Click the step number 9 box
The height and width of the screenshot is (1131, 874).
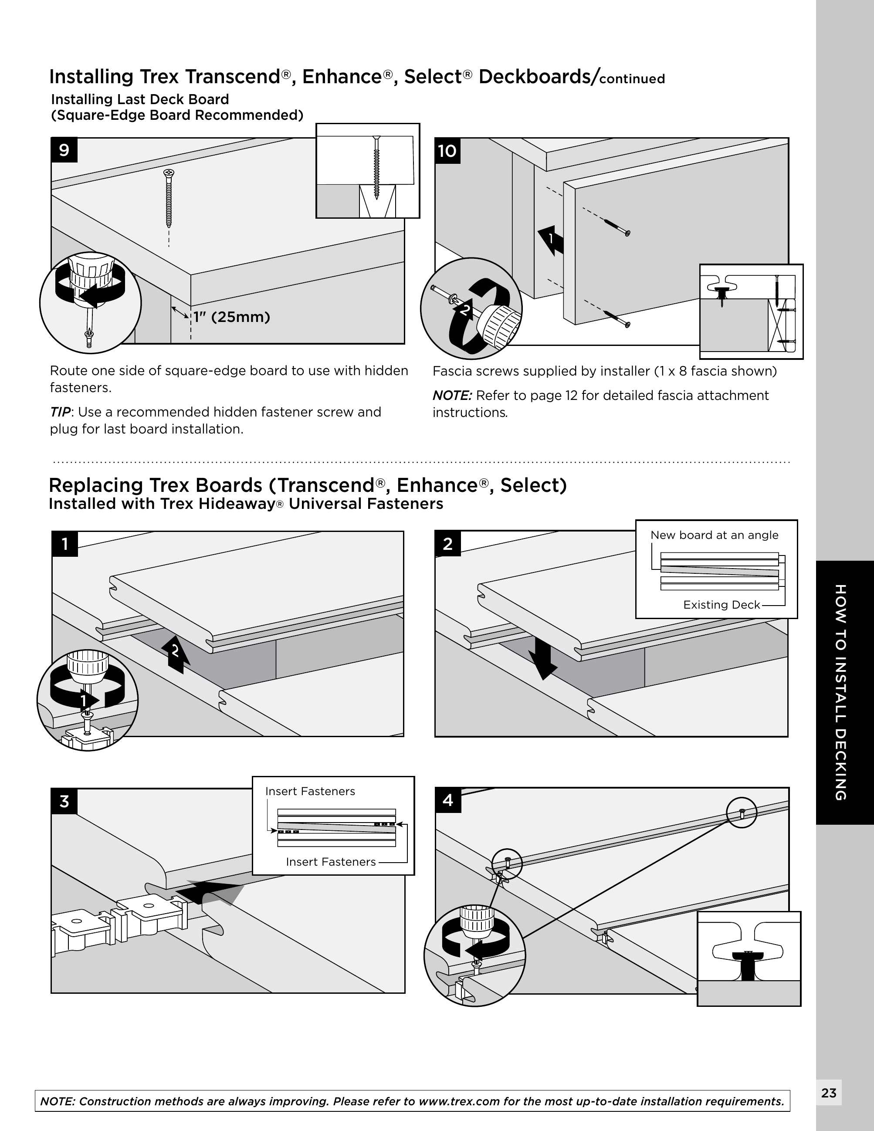(64, 150)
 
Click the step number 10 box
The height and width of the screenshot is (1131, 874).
(447, 151)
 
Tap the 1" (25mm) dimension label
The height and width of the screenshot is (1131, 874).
(231, 317)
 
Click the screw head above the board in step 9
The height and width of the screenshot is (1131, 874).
(169, 173)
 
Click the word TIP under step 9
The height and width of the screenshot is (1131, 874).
(60, 412)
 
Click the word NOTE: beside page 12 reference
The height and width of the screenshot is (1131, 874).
(452, 396)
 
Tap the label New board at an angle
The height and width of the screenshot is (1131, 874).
(714, 535)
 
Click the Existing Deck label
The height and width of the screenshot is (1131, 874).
(721, 605)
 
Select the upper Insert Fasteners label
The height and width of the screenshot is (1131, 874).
(310, 791)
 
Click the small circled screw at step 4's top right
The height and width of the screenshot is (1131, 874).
(742, 812)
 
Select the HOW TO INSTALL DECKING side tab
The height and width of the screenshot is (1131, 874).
(841, 692)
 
